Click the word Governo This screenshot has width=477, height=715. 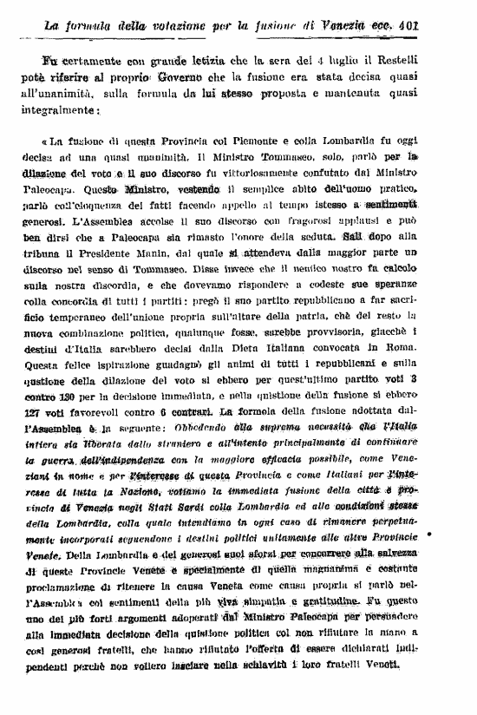(228, 77)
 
